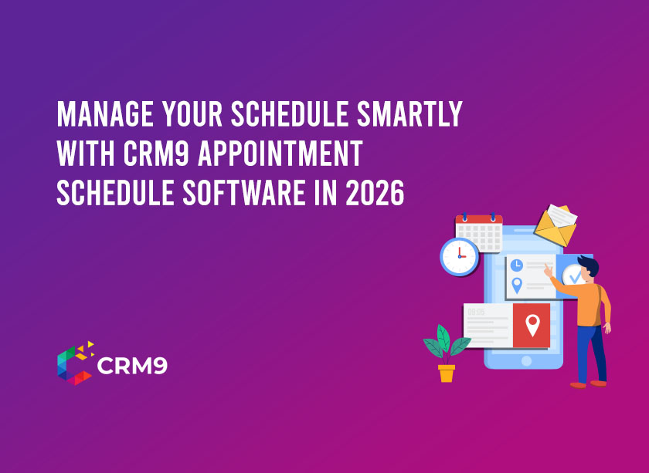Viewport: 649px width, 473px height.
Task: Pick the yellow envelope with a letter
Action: point(556,225)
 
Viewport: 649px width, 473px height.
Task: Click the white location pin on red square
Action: point(532,325)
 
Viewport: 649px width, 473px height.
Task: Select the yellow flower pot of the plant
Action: point(447,373)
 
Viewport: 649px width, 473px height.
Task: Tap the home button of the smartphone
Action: point(526,360)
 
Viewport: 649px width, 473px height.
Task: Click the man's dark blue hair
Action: point(589,265)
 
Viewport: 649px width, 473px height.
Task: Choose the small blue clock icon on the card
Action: point(516,265)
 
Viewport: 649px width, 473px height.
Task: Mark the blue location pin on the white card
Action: point(516,285)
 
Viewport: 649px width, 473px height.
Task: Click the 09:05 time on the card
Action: point(476,313)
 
